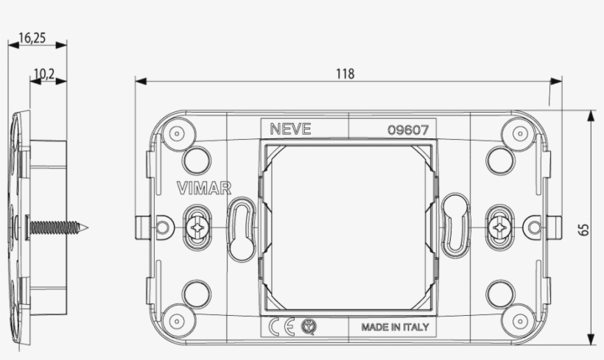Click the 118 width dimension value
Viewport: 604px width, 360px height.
(345, 74)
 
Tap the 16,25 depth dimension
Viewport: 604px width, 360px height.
(33, 38)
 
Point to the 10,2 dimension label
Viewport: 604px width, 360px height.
(43, 73)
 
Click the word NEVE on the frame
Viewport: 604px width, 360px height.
(290, 129)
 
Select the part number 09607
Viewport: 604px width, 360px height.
(408, 130)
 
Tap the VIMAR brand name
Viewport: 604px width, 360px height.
(204, 188)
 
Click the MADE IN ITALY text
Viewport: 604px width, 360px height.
(395, 326)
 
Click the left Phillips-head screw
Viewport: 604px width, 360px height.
(197, 228)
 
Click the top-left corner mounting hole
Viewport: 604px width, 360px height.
(176, 134)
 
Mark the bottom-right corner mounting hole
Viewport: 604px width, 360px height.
(522, 320)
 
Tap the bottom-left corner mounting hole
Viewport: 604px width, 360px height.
(176, 320)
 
